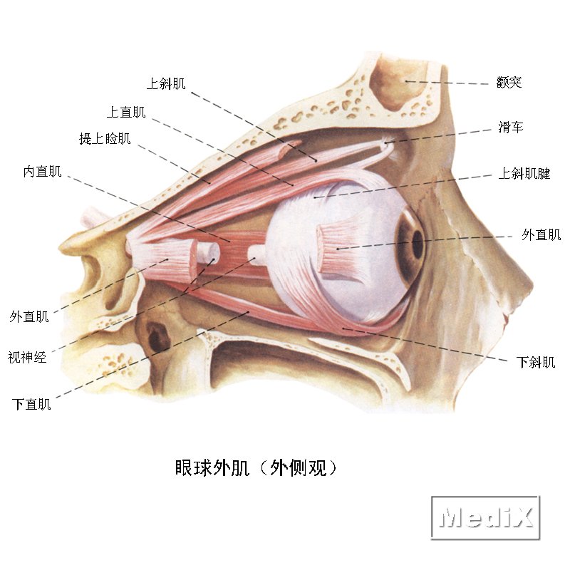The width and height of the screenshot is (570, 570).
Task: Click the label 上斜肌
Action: (166, 83)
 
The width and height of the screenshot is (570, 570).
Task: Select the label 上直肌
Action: (126, 112)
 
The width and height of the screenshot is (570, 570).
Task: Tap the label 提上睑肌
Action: (105, 138)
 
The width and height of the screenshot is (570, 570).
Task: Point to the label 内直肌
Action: (43, 171)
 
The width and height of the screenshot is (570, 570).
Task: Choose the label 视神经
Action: (27, 358)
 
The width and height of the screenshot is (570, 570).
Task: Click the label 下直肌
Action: (31, 404)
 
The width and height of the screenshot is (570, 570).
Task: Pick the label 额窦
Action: (509, 83)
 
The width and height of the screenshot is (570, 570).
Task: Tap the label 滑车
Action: (511, 127)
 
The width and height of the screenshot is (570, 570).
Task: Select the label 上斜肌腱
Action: (524, 173)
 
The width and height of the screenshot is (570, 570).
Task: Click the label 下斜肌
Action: (536, 362)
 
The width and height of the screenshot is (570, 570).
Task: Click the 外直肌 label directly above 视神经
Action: (29, 316)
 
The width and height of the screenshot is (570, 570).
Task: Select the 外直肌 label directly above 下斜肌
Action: (541, 234)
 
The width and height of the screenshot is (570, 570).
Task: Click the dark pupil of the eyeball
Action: (418, 243)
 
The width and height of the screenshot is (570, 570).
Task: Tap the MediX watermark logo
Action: (486, 517)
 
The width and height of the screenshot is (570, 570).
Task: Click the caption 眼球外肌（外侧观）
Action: (256, 468)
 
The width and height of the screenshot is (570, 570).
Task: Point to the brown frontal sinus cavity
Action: (399, 85)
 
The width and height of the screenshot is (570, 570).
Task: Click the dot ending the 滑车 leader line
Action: (385, 143)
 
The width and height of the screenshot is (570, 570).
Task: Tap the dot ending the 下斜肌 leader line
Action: (343, 329)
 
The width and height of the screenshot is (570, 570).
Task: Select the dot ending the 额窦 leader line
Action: (406, 81)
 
